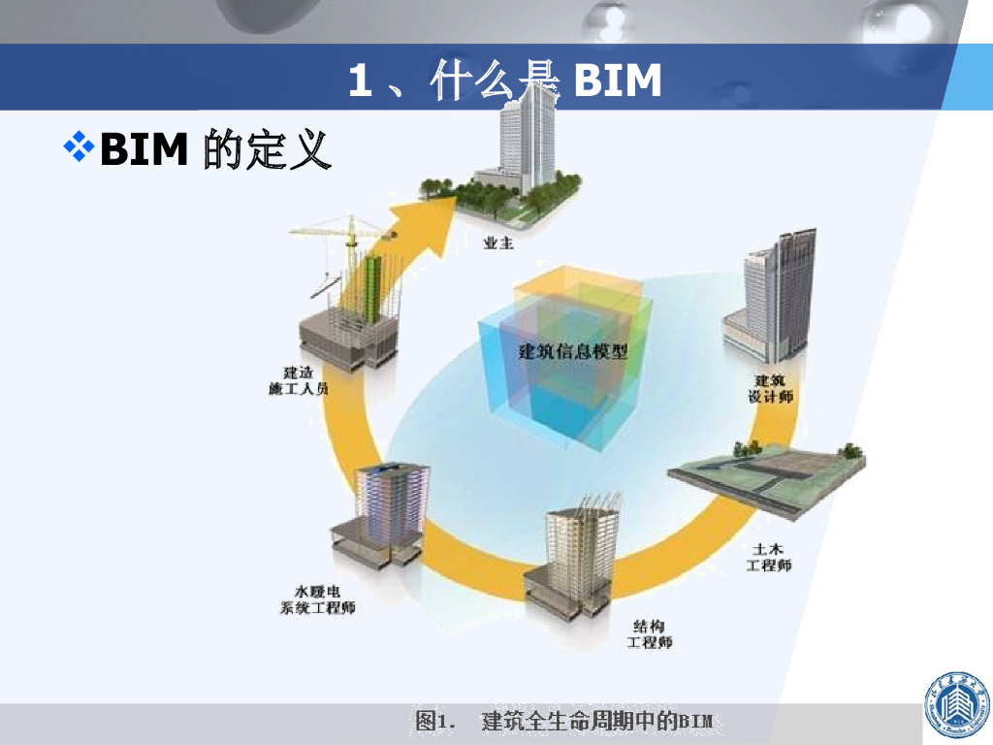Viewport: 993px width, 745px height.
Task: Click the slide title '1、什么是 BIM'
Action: click(x=504, y=81)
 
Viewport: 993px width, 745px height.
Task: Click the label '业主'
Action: click(x=497, y=243)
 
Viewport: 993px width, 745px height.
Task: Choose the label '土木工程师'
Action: click(x=768, y=557)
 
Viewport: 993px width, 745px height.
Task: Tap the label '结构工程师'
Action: click(x=650, y=633)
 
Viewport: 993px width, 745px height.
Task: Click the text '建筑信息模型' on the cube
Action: click(x=573, y=351)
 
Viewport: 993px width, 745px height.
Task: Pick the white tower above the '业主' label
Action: click(x=524, y=146)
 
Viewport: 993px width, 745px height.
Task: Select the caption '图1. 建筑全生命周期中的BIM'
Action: click(x=563, y=721)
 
